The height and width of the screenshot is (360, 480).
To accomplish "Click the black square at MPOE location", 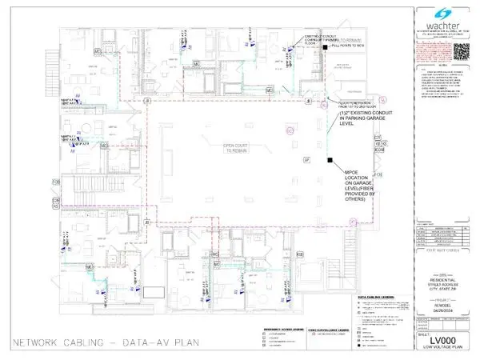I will click(x=330, y=162).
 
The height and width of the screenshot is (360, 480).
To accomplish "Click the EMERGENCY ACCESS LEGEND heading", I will click(x=287, y=330).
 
